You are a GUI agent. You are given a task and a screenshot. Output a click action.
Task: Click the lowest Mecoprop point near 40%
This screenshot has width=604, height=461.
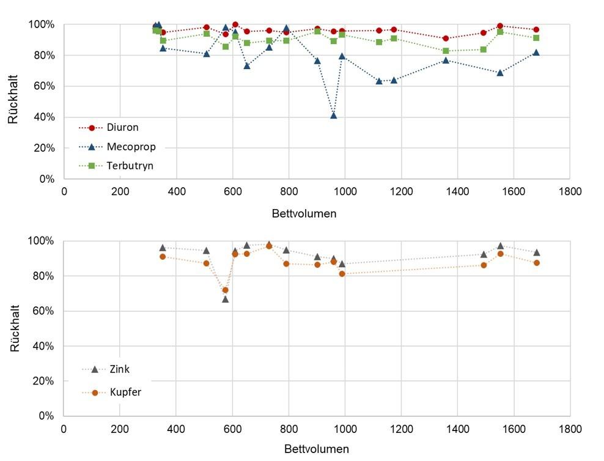[333, 115]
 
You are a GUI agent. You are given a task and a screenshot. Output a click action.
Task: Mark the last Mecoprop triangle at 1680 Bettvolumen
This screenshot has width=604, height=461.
[536, 53]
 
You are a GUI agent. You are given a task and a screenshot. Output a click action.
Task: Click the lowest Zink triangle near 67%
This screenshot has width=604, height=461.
[225, 299]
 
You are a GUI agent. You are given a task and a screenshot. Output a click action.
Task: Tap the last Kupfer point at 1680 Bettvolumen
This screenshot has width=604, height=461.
[536, 263]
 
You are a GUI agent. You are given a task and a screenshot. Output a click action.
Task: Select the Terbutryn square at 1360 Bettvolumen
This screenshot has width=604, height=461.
[446, 51]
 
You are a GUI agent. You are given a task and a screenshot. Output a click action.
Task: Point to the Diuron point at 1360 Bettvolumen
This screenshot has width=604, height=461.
[446, 39]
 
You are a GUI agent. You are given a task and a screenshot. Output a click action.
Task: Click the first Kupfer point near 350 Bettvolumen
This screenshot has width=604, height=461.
[163, 257]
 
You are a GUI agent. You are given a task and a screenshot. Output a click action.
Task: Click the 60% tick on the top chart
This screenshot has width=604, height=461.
[43, 86]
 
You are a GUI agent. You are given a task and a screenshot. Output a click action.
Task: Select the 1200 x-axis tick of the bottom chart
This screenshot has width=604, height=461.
[400, 428]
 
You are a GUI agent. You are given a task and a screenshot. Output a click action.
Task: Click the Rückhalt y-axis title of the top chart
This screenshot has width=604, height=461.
[13, 102]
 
